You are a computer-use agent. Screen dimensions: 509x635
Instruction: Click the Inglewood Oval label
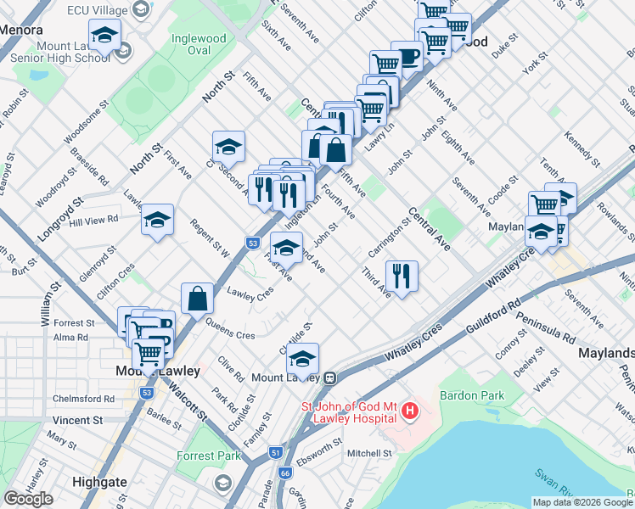click(199, 44)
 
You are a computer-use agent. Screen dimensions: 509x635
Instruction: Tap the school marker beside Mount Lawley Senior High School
click(104, 36)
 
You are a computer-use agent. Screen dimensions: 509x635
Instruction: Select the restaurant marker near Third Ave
click(402, 276)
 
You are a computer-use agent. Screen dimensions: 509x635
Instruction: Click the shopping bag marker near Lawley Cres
click(197, 299)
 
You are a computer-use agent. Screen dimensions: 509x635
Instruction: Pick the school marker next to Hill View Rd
click(157, 221)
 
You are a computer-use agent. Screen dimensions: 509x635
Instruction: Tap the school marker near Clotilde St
click(302, 359)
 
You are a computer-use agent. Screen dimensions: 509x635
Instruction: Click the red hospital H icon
click(411, 411)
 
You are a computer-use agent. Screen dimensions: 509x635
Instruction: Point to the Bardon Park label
click(471, 395)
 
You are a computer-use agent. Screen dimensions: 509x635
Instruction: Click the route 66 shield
click(284, 473)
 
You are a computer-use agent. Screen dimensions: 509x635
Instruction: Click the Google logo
click(29, 499)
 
